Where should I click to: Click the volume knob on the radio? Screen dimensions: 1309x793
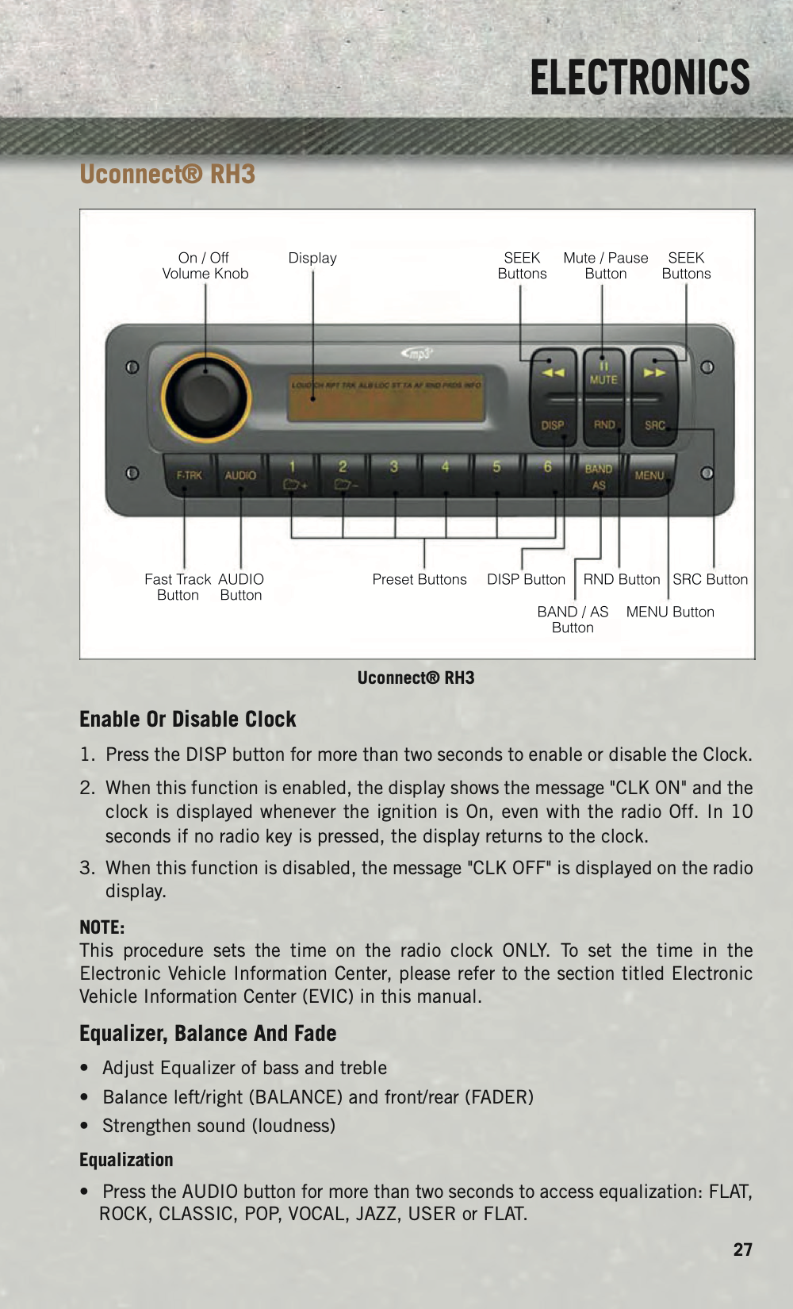pos(206,397)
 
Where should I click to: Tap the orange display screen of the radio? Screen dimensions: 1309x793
pos(386,397)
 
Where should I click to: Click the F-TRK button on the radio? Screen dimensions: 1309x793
pos(189,475)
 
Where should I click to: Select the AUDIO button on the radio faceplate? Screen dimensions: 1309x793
pos(240,475)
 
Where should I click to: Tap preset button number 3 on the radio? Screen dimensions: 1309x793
pos(394,474)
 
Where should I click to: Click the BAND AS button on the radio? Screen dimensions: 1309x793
pos(599,476)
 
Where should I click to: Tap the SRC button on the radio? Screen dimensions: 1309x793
pos(654,425)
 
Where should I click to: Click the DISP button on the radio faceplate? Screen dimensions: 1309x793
pos(553,425)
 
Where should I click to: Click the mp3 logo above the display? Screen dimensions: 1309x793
pos(418,354)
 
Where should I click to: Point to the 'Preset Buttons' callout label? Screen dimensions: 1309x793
pos(419,579)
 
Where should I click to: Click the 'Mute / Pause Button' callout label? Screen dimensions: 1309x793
pos(606,266)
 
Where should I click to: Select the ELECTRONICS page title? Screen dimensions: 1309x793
pos(640,78)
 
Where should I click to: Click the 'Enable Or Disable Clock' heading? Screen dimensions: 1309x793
pos(188,720)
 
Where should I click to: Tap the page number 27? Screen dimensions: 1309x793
pos(742,1249)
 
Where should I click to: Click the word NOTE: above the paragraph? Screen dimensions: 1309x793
pos(102,927)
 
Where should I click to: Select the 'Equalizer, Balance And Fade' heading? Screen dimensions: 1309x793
pos(208,1034)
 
